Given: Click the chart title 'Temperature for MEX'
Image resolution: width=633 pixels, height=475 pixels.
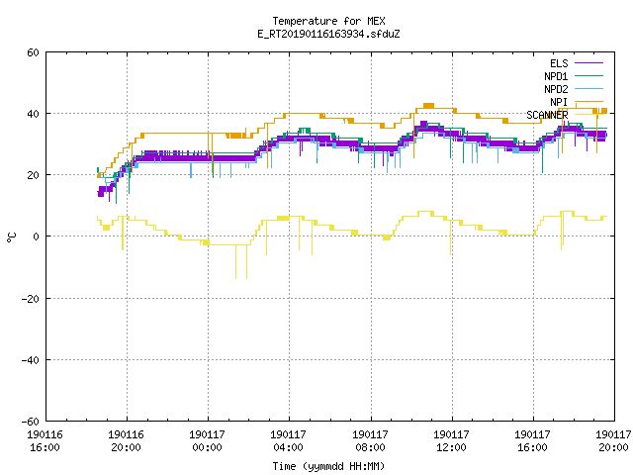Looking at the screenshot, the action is pos(328,21).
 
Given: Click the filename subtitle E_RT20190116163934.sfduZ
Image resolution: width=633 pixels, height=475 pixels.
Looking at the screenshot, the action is pos(328,34).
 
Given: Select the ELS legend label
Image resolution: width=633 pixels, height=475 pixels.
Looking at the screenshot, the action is pos(559,63).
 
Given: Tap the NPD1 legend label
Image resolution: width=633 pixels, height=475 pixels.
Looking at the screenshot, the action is pos(556,76).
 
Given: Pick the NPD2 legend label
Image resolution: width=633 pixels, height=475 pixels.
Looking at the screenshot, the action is pos(556,89).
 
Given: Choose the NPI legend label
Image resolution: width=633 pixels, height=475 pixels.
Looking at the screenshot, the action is pos(559,102).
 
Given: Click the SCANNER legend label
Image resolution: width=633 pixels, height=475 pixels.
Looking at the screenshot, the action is pos(547,115).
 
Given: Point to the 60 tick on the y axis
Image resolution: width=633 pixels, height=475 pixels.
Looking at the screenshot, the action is pos(33,52).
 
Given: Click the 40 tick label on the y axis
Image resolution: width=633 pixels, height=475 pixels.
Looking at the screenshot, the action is pos(33,114).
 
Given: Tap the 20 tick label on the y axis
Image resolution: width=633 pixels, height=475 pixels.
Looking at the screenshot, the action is pos(33,175).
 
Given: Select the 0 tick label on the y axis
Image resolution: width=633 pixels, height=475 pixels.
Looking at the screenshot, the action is pos(36,237).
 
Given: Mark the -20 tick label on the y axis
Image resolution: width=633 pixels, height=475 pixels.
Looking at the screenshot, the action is pos(31,299).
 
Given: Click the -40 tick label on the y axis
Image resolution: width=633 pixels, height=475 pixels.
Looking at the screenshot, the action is pos(31,360).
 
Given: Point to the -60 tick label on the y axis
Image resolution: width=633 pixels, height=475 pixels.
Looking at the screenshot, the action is pos(31,422).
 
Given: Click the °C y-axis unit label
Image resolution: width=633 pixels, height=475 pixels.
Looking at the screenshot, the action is pos(11,237).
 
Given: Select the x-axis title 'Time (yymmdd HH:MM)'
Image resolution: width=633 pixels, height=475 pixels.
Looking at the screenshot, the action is pos(328,466).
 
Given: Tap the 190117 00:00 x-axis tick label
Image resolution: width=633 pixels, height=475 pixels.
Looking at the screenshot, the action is pos(207,441).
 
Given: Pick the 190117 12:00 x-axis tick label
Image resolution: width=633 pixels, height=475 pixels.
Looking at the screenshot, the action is pos(451,441).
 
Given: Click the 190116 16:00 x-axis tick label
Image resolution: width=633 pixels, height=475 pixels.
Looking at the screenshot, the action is pos(45,441).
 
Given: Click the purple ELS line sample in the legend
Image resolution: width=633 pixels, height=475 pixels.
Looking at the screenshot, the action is pos(588,63).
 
